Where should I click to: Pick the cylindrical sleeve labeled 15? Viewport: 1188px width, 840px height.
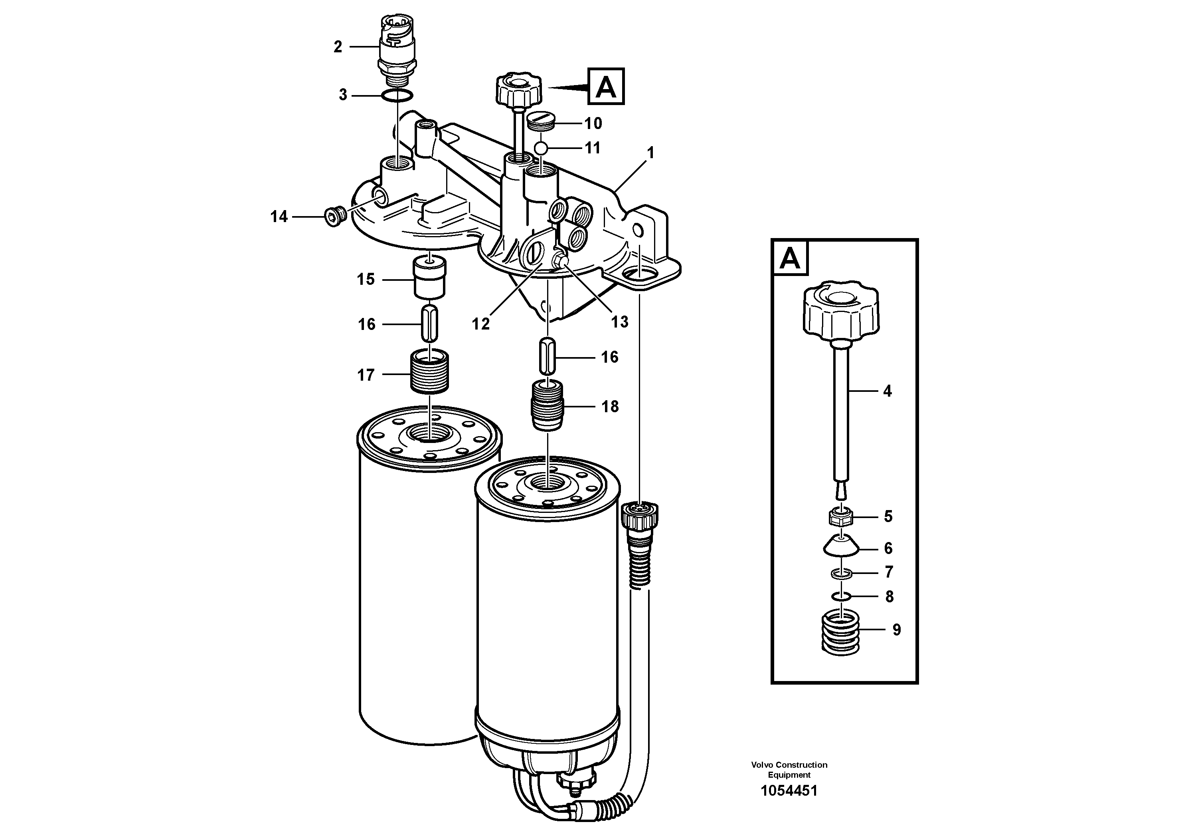click(x=429, y=279)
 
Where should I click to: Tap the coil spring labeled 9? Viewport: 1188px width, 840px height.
click(x=840, y=632)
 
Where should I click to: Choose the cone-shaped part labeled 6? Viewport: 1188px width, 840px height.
click(x=841, y=547)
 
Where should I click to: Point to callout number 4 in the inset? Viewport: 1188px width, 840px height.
click(x=888, y=391)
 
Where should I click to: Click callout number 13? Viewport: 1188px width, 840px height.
click(x=619, y=322)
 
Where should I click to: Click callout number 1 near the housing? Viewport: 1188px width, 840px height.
click(x=650, y=153)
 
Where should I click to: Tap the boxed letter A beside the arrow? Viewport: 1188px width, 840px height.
click(x=606, y=87)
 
